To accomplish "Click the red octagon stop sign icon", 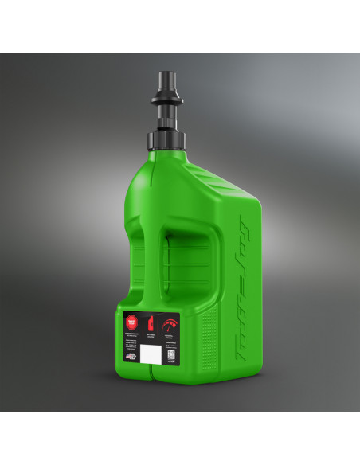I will pyautogui.click(x=131, y=322).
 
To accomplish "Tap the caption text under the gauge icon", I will pyautogui.click(x=170, y=338).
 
